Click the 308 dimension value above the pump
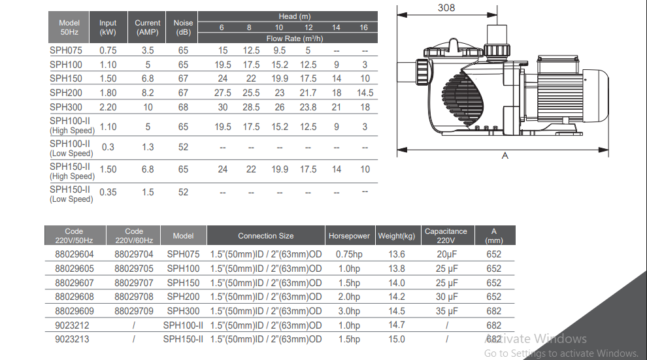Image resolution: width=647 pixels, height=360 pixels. [x=446, y=8]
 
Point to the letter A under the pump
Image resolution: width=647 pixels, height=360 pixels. [x=505, y=156]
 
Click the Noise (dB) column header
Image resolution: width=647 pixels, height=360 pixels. [x=183, y=27]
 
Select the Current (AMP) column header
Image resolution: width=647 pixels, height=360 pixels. [x=147, y=27]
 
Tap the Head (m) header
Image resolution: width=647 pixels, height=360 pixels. [x=295, y=16]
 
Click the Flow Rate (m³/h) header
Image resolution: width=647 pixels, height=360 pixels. [x=295, y=39]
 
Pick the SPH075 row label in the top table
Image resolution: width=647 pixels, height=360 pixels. [x=66, y=50]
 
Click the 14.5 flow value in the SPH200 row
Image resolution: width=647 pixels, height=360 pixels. [x=365, y=93]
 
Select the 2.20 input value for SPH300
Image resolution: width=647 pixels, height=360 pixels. [x=108, y=107]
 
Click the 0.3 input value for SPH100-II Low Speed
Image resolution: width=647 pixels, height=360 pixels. [x=108, y=147]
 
